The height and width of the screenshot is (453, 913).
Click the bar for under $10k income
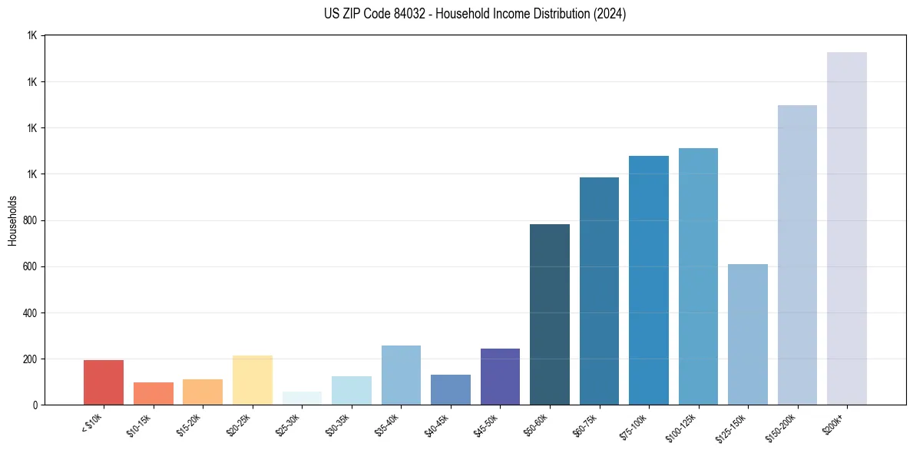[x=104, y=382]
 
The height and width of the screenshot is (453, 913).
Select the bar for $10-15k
[x=154, y=394]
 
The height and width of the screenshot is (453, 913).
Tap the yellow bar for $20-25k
[x=253, y=380]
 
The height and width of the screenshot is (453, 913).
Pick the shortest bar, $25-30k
[x=302, y=398]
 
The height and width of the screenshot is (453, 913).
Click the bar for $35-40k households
[x=401, y=375]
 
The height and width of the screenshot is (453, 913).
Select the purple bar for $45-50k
[x=500, y=377]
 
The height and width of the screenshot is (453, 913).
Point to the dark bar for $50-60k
[x=550, y=315]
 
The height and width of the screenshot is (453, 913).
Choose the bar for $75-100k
[x=649, y=280]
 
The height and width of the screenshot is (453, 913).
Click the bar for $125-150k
[x=748, y=335]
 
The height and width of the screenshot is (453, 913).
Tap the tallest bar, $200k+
[x=847, y=229]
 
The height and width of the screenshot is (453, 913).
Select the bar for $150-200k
[x=797, y=255]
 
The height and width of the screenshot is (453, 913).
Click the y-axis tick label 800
[x=31, y=221]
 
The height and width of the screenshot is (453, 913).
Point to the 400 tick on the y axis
[x=31, y=313]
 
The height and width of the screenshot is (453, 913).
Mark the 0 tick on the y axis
[x=35, y=405]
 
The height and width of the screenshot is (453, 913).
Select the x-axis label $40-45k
[x=436, y=424]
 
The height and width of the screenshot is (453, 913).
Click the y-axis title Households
[x=12, y=220]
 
